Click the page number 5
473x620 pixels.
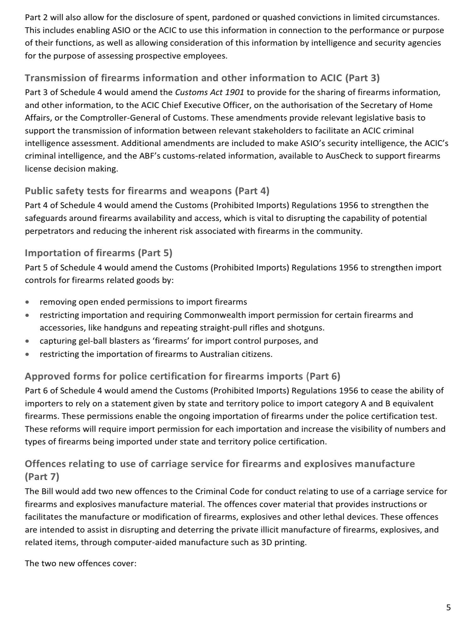[x=448, y=607]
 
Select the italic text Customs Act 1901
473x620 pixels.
[x=210, y=92]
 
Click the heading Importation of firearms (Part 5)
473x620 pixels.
[x=98, y=253]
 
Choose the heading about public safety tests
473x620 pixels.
[x=147, y=191]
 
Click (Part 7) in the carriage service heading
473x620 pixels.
[x=42, y=476]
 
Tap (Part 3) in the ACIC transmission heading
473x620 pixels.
[x=362, y=78]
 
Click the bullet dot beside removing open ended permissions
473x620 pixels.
[x=28, y=302]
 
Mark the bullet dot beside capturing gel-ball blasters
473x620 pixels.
[x=28, y=341]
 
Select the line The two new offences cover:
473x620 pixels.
[x=81, y=563]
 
